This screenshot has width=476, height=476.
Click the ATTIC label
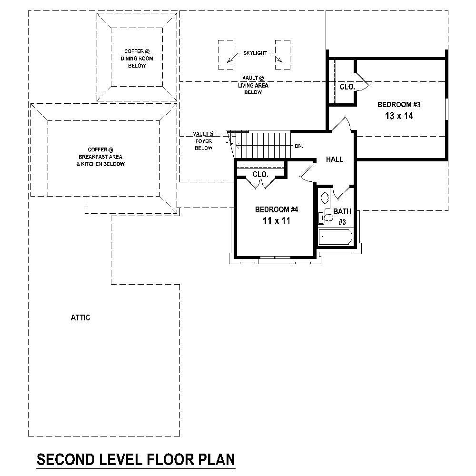tap(80, 318)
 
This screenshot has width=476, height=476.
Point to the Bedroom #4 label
tap(277, 209)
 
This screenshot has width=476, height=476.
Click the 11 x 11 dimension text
tap(277, 221)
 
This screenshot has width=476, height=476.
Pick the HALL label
tap(335, 159)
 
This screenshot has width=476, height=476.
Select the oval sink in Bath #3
tap(325, 197)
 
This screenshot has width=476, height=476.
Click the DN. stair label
tap(299, 146)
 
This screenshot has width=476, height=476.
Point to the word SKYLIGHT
tap(255, 53)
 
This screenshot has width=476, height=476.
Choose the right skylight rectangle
tap(283, 55)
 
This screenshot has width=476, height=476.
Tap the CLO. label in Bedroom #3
tap(347, 87)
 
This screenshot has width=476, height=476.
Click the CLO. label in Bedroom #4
tap(260, 175)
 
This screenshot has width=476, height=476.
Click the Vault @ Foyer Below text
tap(203, 141)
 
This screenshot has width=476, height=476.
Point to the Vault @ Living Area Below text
tap(253, 85)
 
